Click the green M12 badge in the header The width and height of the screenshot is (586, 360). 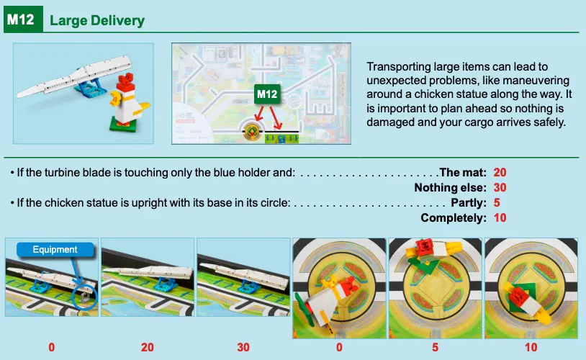coord(23,19)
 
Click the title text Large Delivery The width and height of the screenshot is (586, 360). coord(97,21)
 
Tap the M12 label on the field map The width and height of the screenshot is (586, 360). coord(267,94)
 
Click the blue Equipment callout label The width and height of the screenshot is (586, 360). coord(55,249)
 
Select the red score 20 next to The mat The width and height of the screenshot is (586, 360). coord(500,172)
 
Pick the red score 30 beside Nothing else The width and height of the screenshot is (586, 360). coord(500,187)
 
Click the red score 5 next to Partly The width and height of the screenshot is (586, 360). coord(497,202)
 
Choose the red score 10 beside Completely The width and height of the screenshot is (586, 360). coord(500,218)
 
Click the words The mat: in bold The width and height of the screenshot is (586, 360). coord(463,172)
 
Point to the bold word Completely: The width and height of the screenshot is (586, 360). coord(454,218)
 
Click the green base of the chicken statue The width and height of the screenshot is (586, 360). coord(123,125)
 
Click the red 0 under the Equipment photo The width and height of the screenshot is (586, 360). coord(52,347)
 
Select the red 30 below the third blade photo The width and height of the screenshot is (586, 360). coord(243,347)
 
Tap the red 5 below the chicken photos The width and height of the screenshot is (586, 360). coord(435,347)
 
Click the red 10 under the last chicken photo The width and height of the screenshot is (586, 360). coord(531,347)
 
